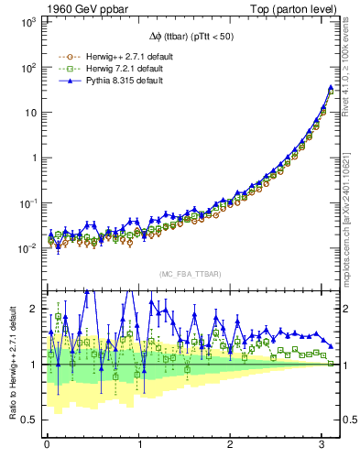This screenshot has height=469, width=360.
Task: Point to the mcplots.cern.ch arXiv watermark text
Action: (x=351, y=211)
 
